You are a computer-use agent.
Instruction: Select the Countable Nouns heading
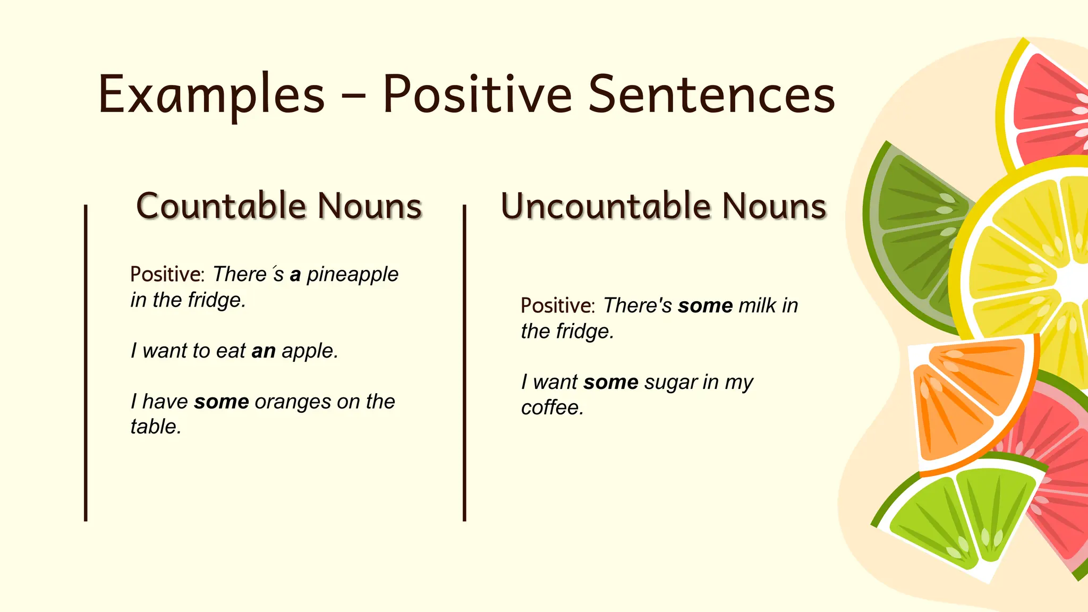point(279,206)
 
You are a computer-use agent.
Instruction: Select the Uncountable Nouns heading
point(664,206)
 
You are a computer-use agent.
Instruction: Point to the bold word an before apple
point(263,351)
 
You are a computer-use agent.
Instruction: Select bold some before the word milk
point(705,306)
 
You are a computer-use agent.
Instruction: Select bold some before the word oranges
point(222,402)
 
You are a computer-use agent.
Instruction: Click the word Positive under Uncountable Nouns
point(556,306)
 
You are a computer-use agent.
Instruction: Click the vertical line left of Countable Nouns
point(86,361)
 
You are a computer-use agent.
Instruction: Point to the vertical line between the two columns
point(464,361)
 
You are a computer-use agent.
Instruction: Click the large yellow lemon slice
point(1025,260)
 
